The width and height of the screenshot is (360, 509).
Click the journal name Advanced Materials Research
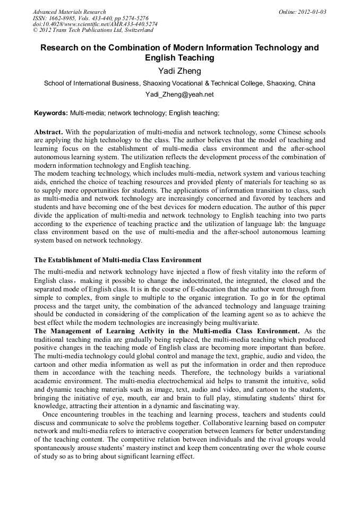(69, 12)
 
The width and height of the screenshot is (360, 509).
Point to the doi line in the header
(95, 24)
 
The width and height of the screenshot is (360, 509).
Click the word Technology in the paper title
(278, 48)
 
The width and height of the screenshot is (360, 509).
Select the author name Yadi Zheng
(179, 71)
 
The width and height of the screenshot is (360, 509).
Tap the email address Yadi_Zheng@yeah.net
(179, 94)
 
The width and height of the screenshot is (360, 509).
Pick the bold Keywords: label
(51, 113)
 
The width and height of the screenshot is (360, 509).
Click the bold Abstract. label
(48, 132)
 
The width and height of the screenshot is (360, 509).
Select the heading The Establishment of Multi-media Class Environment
(118, 260)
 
